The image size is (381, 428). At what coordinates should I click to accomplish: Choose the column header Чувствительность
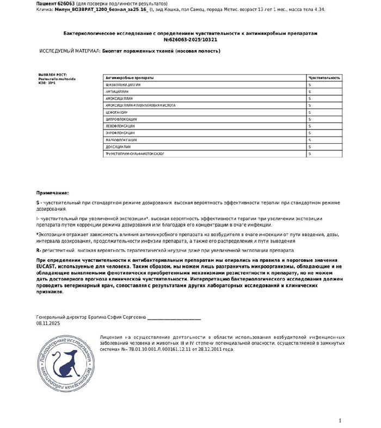pos(324,78)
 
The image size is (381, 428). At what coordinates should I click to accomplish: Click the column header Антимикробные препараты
pos(130,78)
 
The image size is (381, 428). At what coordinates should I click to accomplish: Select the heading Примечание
pos(52,193)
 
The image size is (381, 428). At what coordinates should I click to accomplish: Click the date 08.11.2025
pos(48,323)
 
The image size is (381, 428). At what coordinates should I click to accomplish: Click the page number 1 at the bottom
pos(340,420)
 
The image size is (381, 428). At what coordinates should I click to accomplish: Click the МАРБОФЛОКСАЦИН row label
pos(121,140)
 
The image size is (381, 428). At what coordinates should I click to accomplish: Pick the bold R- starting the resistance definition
pos(39,250)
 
